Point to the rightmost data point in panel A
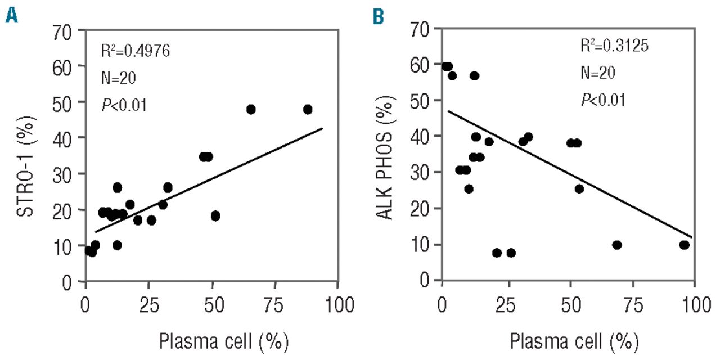click(308, 109)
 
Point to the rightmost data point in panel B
click(684, 245)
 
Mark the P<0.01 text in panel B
click(603, 100)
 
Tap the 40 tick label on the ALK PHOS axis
click(419, 136)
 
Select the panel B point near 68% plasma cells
click(616, 245)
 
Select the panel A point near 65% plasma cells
click(251, 109)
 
